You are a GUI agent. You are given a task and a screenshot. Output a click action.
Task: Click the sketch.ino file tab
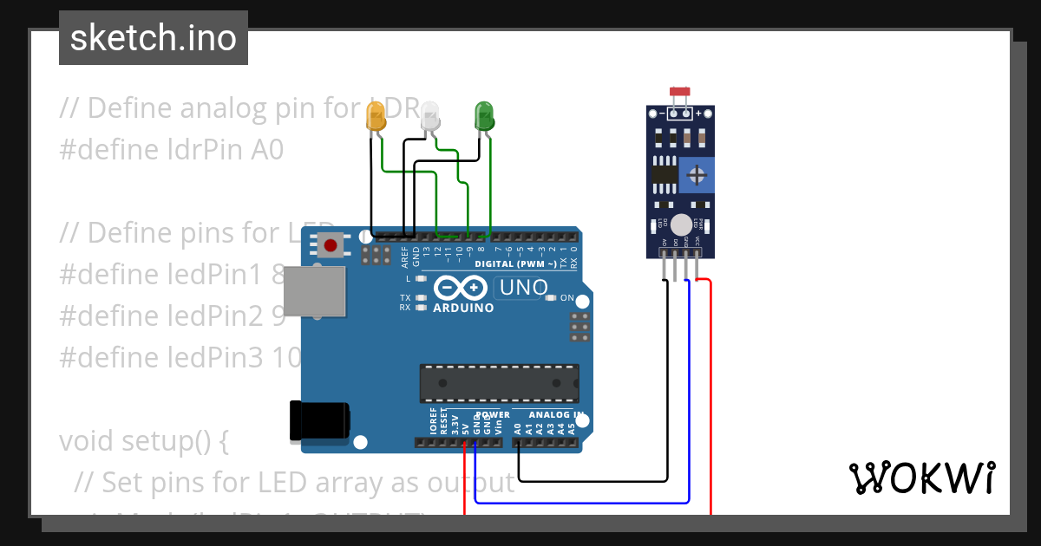click(153, 38)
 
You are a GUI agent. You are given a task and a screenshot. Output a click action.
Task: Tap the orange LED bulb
click(376, 117)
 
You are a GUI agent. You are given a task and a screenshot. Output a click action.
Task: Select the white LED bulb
click(430, 116)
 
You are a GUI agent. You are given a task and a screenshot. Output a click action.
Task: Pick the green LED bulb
click(483, 116)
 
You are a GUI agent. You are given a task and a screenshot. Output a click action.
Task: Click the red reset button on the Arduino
click(330, 246)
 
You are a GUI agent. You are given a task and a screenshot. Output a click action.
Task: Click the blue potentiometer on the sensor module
click(696, 176)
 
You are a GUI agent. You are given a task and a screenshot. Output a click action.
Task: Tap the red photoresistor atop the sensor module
click(679, 91)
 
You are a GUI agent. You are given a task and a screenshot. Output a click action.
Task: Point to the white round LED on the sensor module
click(682, 224)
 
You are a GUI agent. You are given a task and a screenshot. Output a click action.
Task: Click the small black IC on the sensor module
click(665, 174)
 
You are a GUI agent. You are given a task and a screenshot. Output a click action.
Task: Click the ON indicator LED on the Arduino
click(550, 298)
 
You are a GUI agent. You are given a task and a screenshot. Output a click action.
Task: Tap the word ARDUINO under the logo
click(463, 308)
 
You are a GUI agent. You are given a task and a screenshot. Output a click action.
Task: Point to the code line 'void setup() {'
click(144, 441)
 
